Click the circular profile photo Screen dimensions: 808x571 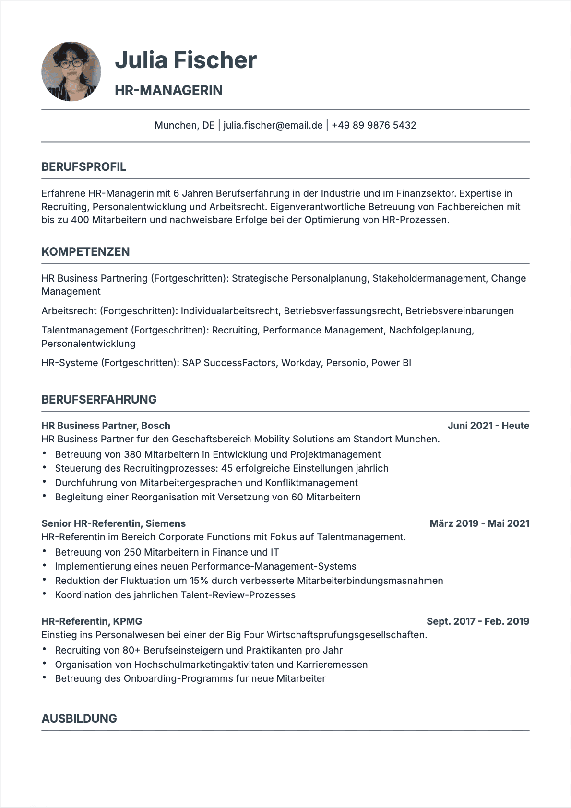coord(71,71)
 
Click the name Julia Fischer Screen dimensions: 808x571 coord(186,60)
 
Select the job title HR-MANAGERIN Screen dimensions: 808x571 coord(168,90)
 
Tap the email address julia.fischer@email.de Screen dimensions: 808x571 coord(273,125)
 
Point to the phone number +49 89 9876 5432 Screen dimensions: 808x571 coord(374,125)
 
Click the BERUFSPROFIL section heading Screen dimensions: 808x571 coord(84,167)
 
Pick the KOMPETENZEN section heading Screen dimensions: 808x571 coord(85,252)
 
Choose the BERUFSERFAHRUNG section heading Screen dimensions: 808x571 coord(99,400)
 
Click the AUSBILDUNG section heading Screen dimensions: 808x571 coord(79,718)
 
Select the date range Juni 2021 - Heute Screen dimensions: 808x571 coord(488,426)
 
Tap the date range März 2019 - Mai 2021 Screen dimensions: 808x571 coord(479,523)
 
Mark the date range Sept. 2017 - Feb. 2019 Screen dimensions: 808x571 coord(477,621)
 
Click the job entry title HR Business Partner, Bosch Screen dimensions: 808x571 coord(106,426)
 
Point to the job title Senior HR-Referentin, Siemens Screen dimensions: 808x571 coord(113,523)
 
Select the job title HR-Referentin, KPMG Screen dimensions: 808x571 coord(92,621)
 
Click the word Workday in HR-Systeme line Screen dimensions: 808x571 coord(301,363)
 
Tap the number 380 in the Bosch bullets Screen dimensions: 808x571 coord(132,454)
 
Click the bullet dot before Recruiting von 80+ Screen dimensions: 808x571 coord(45,649)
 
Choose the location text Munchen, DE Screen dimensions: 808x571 coord(184,125)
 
